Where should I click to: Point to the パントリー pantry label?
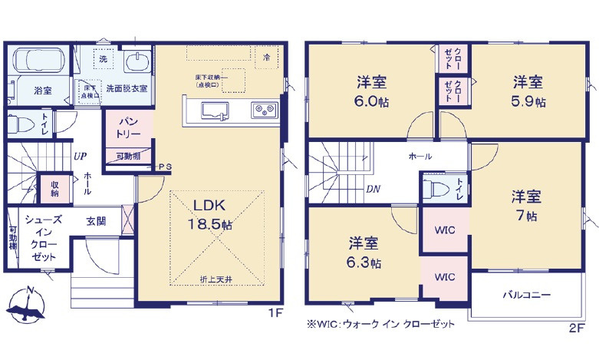(128, 127)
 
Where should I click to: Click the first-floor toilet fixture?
(20, 124)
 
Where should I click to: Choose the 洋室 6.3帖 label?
(364, 252)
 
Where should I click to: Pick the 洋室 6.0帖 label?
(372, 91)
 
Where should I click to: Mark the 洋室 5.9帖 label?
(528, 91)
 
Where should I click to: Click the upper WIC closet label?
(445, 230)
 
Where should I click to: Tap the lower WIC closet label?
(445, 276)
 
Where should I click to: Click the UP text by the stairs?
(80, 156)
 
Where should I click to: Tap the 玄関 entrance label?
(96, 221)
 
